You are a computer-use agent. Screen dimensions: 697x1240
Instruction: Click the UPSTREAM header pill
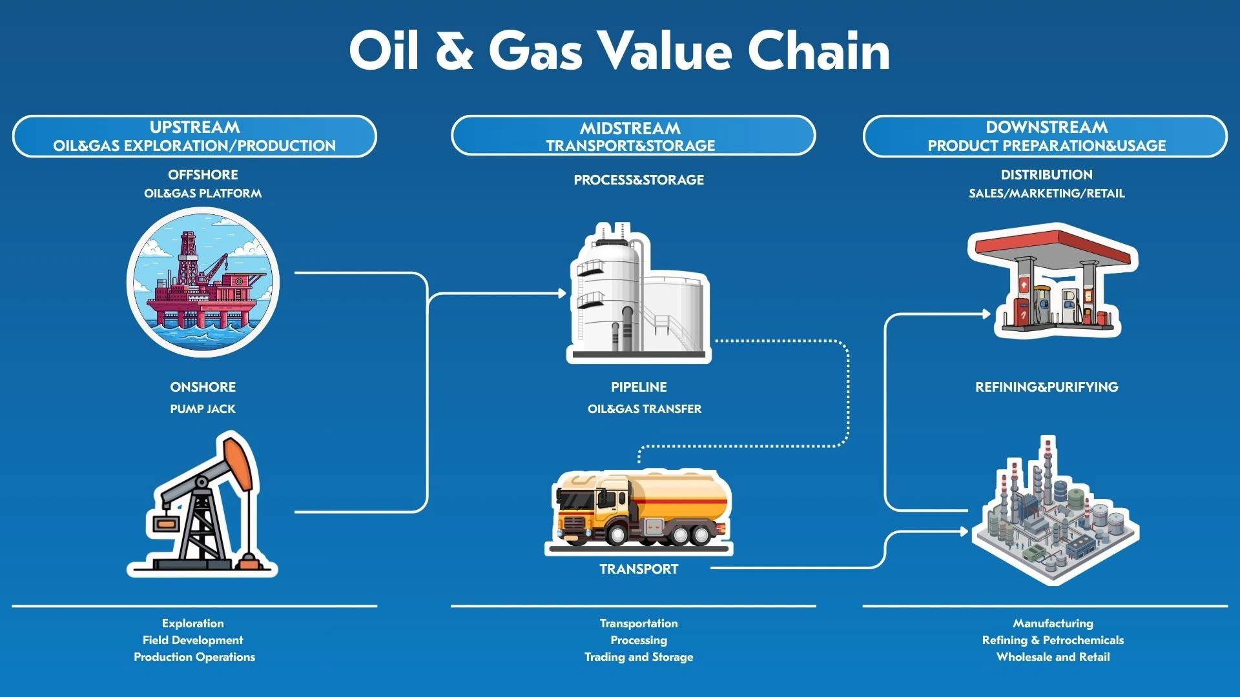click(x=194, y=136)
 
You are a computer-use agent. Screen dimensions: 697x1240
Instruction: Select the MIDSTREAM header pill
click(x=632, y=136)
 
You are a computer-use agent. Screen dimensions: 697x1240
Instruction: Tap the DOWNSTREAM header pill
click(x=1045, y=136)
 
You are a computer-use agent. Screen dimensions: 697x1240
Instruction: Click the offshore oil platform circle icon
click(x=203, y=282)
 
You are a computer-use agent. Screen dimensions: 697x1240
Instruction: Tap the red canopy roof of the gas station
click(x=1053, y=248)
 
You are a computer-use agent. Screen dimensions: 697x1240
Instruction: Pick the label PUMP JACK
click(x=203, y=409)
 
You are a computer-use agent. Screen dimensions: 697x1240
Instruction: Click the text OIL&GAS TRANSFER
click(x=644, y=409)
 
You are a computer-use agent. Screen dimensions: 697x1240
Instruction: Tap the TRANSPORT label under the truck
click(x=639, y=569)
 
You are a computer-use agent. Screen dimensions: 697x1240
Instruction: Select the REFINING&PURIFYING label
click(x=1046, y=387)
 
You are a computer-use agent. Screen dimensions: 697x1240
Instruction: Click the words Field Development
click(x=192, y=640)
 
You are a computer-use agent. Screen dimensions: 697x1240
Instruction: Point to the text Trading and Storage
click(x=639, y=657)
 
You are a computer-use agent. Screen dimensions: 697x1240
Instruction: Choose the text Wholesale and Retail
click(x=1053, y=657)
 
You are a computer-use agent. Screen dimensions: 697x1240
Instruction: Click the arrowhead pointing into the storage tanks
click(x=562, y=294)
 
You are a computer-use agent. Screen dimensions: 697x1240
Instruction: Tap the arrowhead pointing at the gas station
click(x=986, y=314)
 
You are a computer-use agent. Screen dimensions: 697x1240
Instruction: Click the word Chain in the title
click(x=818, y=52)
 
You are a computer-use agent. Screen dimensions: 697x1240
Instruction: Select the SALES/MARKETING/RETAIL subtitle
click(x=1046, y=194)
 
